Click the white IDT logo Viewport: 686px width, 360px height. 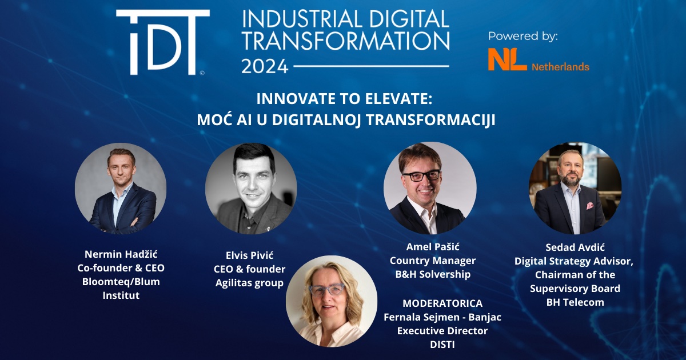(162, 42)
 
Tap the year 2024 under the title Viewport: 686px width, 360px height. (265, 66)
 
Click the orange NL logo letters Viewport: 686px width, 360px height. (507, 59)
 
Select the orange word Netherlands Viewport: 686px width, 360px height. (560, 67)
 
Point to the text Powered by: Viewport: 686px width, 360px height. (523, 36)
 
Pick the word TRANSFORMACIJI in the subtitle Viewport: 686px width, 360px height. (430, 119)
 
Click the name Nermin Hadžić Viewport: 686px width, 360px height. (121, 254)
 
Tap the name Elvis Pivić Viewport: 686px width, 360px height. (249, 255)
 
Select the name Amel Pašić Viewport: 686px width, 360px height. (433, 247)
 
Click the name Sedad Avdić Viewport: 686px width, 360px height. (575, 247)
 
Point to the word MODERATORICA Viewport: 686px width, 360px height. (442, 303)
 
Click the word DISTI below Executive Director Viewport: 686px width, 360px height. (442, 345)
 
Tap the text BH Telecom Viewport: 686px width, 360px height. (575, 302)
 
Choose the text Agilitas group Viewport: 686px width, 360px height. (249, 283)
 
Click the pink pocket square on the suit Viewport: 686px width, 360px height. (589, 206)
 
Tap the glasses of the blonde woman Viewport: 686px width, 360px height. (326, 290)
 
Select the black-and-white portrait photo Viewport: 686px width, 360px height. (251, 189)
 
